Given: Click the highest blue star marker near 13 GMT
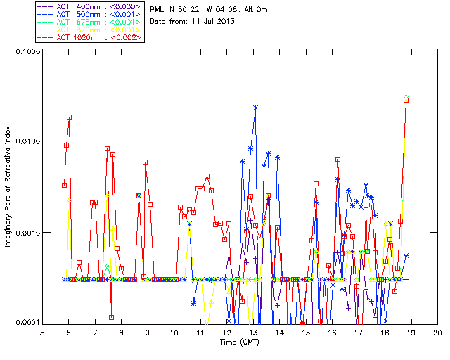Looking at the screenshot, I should (255, 108).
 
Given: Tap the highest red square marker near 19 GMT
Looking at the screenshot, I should (406, 101).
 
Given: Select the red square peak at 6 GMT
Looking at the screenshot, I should (69, 117).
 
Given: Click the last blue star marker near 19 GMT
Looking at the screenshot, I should (406, 255).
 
